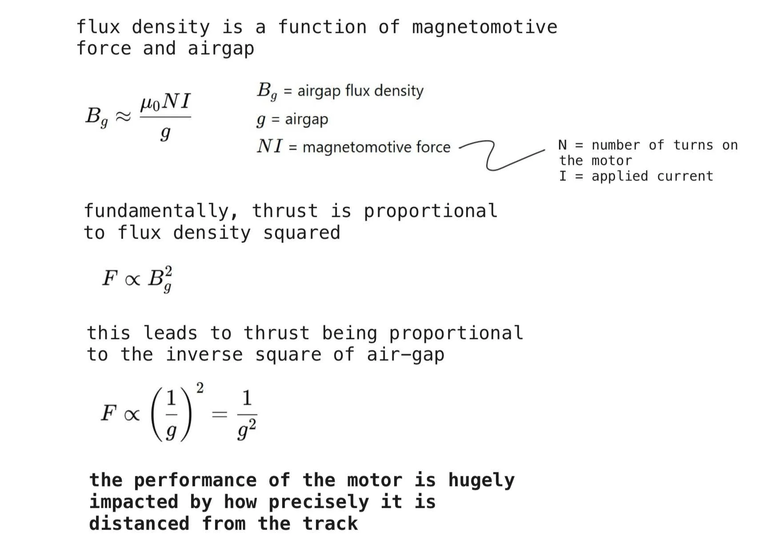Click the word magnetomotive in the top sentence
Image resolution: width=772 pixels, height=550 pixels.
coord(484,28)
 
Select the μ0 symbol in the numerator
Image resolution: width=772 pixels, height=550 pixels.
coord(150,104)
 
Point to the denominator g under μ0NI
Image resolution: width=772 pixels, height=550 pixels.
coord(165,133)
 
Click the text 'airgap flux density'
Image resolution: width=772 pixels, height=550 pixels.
coord(360,91)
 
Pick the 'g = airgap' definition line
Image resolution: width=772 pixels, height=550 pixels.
coord(292,119)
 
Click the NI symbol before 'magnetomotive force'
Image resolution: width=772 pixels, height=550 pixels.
coord(269,146)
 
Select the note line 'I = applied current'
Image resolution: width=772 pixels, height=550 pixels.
coord(636,176)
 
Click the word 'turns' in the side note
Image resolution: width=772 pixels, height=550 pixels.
coord(693,145)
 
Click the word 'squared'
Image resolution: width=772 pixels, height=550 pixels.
coord(302,233)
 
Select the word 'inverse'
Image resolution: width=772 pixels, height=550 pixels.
coord(204,355)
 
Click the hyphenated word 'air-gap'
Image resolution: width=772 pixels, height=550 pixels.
coord(405,355)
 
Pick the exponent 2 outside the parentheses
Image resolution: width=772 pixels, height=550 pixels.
coord(200,388)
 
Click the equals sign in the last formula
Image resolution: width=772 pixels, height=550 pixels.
coord(219,414)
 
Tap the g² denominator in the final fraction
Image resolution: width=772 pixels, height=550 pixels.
coord(247,430)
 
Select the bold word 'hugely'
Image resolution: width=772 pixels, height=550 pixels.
coord(481,480)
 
